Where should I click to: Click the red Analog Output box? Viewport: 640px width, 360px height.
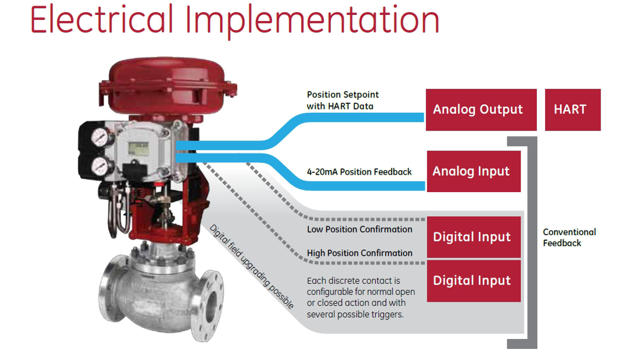481,109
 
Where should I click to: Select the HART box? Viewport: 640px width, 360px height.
573,109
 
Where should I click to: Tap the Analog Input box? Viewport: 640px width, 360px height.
474,172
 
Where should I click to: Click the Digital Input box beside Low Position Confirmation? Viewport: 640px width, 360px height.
474,237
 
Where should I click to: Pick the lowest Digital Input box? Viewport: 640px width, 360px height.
474,281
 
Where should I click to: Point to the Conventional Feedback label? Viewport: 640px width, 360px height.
569,237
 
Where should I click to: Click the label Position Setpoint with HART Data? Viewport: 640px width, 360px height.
343,101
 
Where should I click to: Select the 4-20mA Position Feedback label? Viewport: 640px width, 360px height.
359,172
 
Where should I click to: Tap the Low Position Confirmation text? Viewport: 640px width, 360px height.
359,229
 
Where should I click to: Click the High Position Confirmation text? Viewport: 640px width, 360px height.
359,253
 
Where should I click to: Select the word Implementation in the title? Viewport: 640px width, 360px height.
312,21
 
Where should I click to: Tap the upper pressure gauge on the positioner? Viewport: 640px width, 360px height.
101,137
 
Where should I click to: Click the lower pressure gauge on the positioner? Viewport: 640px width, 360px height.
101,166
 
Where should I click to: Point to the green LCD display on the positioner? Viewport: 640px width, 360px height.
138,148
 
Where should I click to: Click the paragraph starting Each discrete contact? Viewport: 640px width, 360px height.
361,297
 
